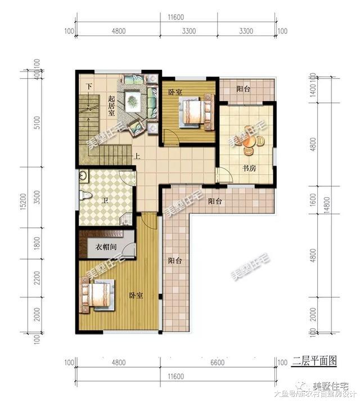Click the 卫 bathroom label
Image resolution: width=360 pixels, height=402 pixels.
[x=105, y=201]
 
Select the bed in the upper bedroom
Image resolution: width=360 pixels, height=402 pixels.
[x=192, y=111]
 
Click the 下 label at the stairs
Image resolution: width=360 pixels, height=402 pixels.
[x=88, y=86]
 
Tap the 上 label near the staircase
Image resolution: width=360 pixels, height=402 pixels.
[x=137, y=157]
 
